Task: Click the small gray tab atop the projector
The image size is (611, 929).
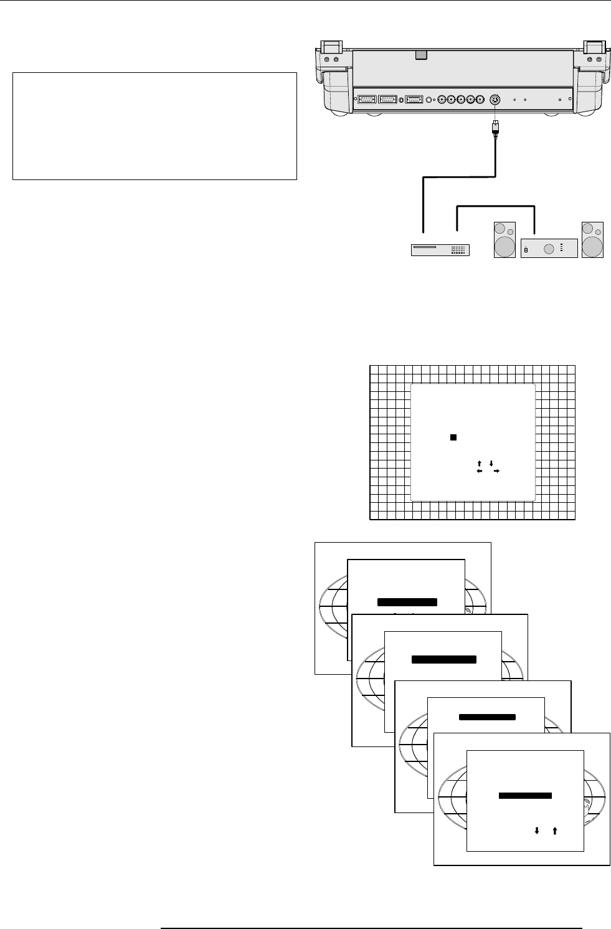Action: point(422,55)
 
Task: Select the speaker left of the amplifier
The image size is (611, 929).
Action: point(504,239)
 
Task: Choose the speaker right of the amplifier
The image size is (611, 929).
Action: point(592,239)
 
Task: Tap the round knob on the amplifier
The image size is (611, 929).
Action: point(549,249)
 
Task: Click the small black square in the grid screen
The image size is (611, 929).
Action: point(454,437)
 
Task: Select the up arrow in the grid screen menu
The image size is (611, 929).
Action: point(479,463)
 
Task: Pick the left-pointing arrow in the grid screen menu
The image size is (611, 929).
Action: point(480,472)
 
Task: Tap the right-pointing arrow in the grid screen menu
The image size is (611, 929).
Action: point(496,472)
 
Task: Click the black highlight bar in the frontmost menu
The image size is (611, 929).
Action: point(525,796)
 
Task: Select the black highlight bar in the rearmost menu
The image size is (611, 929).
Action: point(407,602)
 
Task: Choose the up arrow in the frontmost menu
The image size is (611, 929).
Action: point(554,830)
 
